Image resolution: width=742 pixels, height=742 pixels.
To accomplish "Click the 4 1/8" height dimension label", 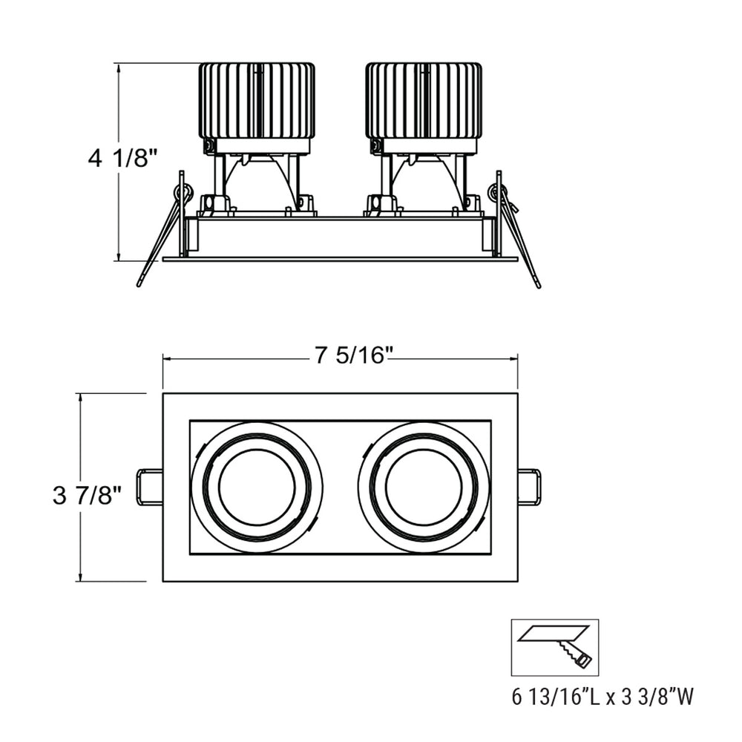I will [123, 159].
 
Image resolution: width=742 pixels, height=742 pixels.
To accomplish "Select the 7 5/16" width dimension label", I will [352, 357].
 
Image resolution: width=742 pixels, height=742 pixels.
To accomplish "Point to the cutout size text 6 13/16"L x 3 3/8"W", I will [603, 697].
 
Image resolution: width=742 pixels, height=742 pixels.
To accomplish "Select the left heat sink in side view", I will [257, 100].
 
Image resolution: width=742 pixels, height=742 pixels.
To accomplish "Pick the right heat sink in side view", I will [424, 100].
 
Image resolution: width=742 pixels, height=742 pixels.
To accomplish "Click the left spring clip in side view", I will [164, 230].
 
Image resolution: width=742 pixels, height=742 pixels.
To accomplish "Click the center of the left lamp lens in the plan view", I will [257, 487].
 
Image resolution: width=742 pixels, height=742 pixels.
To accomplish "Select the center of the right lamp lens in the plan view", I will [424, 487].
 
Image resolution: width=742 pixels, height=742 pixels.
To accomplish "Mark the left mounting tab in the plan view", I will [150, 487].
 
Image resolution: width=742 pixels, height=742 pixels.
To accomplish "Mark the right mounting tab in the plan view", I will [529, 487].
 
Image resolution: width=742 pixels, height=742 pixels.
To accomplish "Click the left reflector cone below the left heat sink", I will [257, 182].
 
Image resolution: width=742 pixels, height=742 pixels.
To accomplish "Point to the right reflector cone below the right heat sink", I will [424, 182].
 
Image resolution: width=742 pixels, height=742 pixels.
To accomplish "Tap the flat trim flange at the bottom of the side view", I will [340, 259].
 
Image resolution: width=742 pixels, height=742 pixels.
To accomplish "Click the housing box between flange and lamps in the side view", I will [340, 237].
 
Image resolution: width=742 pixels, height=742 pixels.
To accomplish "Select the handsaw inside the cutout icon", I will [575, 654].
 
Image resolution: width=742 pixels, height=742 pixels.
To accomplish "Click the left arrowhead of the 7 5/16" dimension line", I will [167, 358].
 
